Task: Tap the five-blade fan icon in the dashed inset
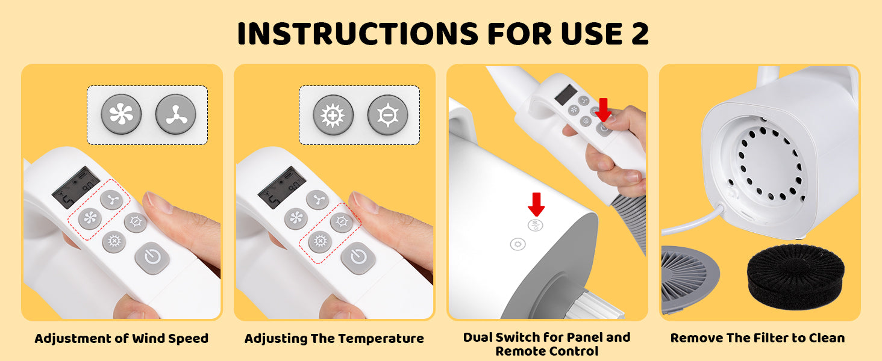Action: (x=121, y=114)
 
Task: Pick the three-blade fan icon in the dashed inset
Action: (x=175, y=114)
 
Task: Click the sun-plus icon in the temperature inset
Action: (x=333, y=116)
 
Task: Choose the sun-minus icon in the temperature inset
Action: (x=387, y=116)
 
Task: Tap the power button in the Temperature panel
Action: (x=358, y=258)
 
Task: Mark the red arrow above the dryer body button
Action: (x=536, y=204)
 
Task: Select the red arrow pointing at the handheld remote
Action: (x=603, y=110)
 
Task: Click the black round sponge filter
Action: (x=796, y=276)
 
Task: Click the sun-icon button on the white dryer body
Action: (x=518, y=244)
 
